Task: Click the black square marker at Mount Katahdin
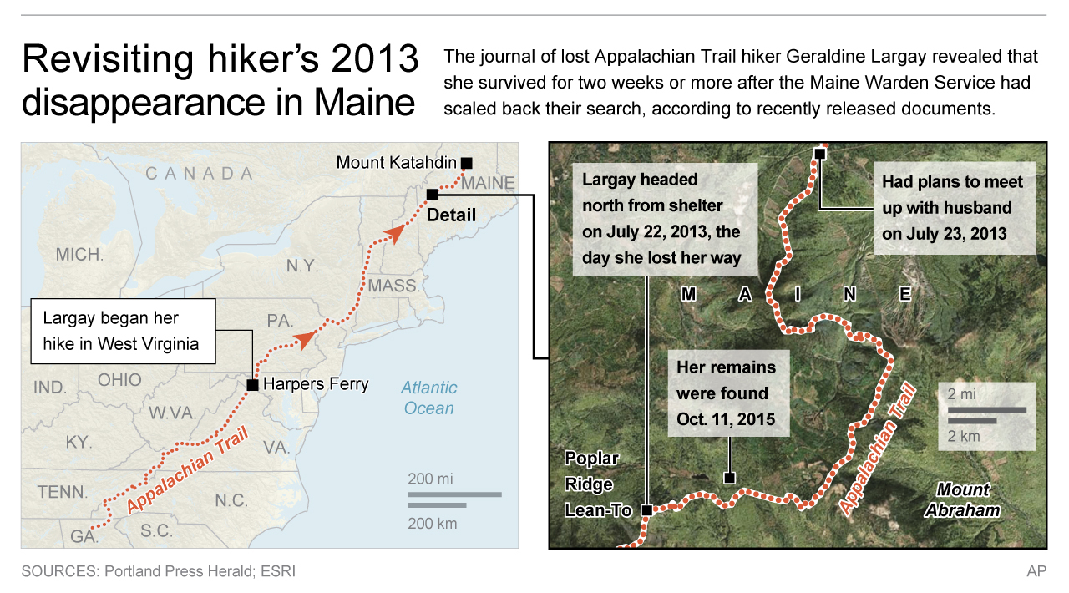pyautogui.click(x=466, y=163)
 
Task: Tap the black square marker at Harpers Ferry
pyautogui.click(x=252, y=385)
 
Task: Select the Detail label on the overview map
pyautogui.click(x=451, y=215)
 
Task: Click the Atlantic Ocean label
pyautogui.click(x=428, y=398)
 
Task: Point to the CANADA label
pyautogui.click(x=199, y=174)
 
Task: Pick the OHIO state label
pyautogui.click(x=119, y=380)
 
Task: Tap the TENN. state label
pyautogui.click(x=63, y=493)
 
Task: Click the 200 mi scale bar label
pyautogui.click(x=430, y=479)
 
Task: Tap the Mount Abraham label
pyautogui.click(x=962, y=499)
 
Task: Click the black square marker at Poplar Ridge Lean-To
pyautogui.click(x=646, y=509)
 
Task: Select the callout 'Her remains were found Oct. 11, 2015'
pyautogui.click(x=726, y=393)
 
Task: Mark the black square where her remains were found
pyautogui.click(x=729, y=479)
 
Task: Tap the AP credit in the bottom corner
pyautogui.click(x=1036, y=571)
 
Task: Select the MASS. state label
pyautogui.click(x=393, y=286)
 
